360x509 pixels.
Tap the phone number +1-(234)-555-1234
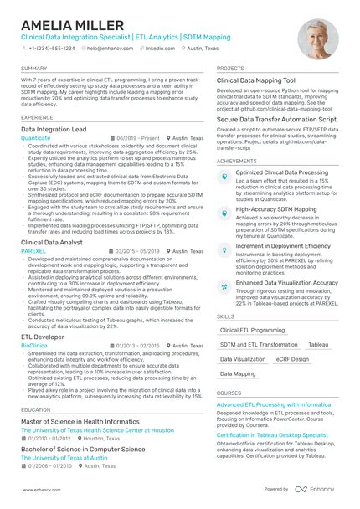tap(51, 49)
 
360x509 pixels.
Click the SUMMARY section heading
tap(34, 68)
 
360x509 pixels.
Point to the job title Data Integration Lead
tap(54, 130)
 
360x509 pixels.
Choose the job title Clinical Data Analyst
tap(52, 241)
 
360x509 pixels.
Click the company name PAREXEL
tap(33, 249)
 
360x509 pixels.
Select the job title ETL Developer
tap(42, 336)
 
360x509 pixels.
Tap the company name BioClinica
tap(34, 345)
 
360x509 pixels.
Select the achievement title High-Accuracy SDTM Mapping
tap(276, 209)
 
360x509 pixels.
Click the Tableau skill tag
tap(318, 345)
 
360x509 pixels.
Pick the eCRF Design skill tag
tap(291, 359)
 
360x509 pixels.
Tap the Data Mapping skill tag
tap(238, 373)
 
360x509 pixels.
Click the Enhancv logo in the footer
tap(317, 489)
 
